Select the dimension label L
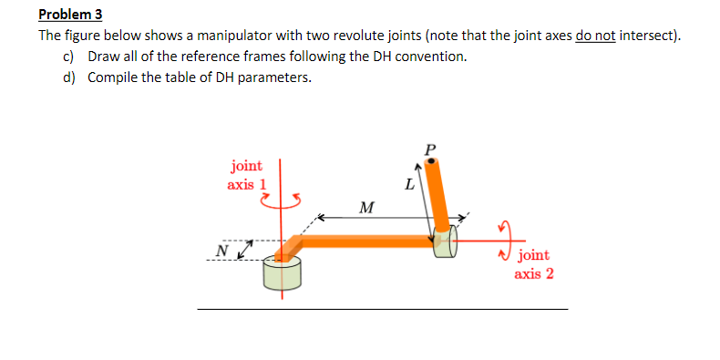pos(409,185)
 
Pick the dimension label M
pos(365,208)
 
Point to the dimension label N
pos(221,250)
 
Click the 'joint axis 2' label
pos(533,264)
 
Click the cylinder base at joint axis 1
pos(282,273)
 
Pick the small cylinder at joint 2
pos(444,242)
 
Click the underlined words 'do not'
pos(598,36)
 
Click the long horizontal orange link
pos(365,241)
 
